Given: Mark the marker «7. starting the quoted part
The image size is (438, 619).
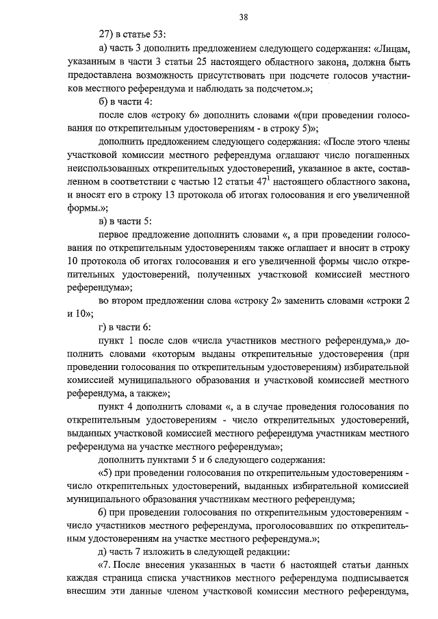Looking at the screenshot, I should tap(108, 566).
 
